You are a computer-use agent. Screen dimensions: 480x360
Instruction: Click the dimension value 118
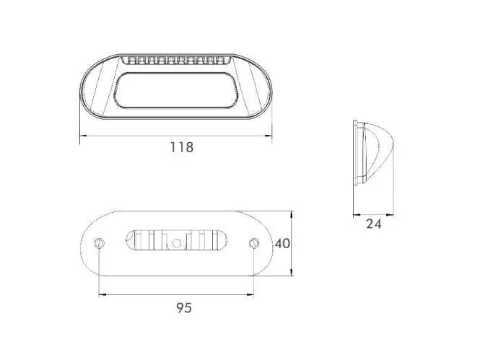(x=182, y=147)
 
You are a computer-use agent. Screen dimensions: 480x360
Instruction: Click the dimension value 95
(x=184, y=308)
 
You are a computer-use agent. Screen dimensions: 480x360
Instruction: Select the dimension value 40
(x=282, y=243)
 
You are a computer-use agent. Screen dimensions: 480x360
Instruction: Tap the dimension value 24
(x=374, y=224)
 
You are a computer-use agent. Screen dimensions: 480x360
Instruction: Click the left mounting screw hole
(x=99, y=243)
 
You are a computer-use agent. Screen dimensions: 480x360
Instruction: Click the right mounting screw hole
(x=254, y=243)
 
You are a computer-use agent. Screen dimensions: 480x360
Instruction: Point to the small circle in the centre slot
(x=176, y=243)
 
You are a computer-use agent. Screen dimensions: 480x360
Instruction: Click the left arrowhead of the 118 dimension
(x=83, y=135)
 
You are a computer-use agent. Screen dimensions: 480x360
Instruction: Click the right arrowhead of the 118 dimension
(x=269, y=135)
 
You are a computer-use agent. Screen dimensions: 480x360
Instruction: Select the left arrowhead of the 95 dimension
(x=102, y=295)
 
